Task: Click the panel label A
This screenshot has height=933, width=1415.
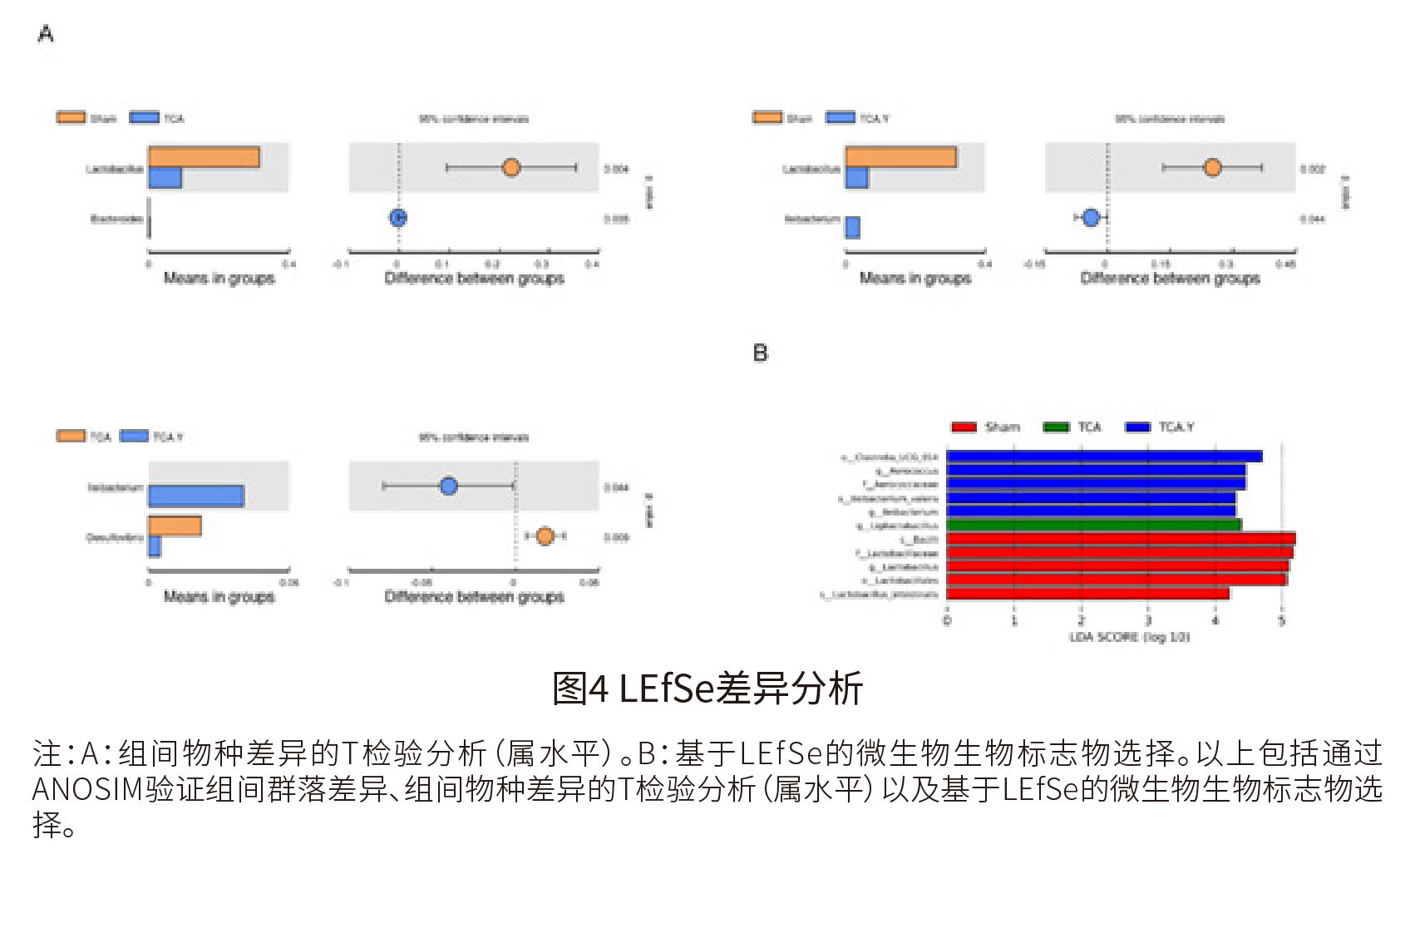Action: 46,34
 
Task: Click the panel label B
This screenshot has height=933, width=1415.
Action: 760,353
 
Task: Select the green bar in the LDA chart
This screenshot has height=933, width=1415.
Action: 1093,525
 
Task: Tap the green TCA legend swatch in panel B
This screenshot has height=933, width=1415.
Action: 1056,427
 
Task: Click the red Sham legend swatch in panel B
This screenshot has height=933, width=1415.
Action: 964,427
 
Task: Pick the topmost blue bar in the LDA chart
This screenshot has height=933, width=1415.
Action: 1104,457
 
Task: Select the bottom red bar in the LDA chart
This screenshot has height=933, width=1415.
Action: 1087,594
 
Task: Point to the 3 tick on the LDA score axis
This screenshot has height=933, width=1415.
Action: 1148,620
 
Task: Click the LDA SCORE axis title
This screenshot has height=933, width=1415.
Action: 1129,637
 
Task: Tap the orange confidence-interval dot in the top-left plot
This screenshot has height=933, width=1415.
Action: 511,168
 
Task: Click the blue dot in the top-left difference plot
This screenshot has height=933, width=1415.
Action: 398,218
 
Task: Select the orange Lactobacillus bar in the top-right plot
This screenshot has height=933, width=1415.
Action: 900,157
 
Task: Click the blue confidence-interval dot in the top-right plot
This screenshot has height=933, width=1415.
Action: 1091,218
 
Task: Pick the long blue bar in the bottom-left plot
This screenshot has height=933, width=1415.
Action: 196,496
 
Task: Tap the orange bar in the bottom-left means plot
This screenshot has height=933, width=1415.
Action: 175,526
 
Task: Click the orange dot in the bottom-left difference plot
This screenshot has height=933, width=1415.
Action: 545,536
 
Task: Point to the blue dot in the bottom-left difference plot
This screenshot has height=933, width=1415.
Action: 449,486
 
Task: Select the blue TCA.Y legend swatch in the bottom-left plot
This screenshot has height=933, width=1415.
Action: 134,437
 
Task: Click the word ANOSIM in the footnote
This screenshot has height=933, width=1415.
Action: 87,789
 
